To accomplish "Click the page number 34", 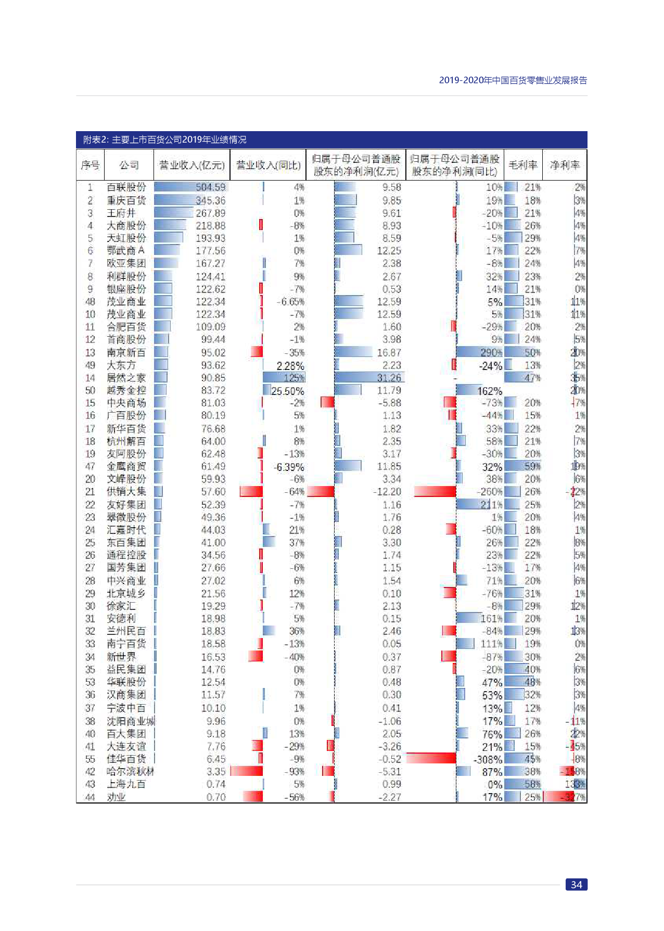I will coord(576,885).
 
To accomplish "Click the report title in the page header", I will coord(513,80).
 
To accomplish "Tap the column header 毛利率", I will coord(522,165).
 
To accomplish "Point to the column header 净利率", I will coord(565,165).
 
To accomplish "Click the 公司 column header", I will coord(129,165).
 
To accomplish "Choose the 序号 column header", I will coord(90,165).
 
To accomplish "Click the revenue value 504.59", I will coord(210,187).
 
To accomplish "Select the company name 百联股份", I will coord(126,187).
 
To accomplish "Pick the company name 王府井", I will coord(121,213).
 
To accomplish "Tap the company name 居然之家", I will coord(126,378).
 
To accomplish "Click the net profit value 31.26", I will coord(389,378).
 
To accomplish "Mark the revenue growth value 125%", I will coord(294,378).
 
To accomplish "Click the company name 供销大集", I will coord(126,492).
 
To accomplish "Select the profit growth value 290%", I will coord(491,352).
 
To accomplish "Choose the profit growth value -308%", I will coord(488,759).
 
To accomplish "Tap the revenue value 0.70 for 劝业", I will coord(215,797).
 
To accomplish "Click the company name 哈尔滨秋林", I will coord(130,772).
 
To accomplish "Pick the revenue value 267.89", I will coord(210,213).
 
